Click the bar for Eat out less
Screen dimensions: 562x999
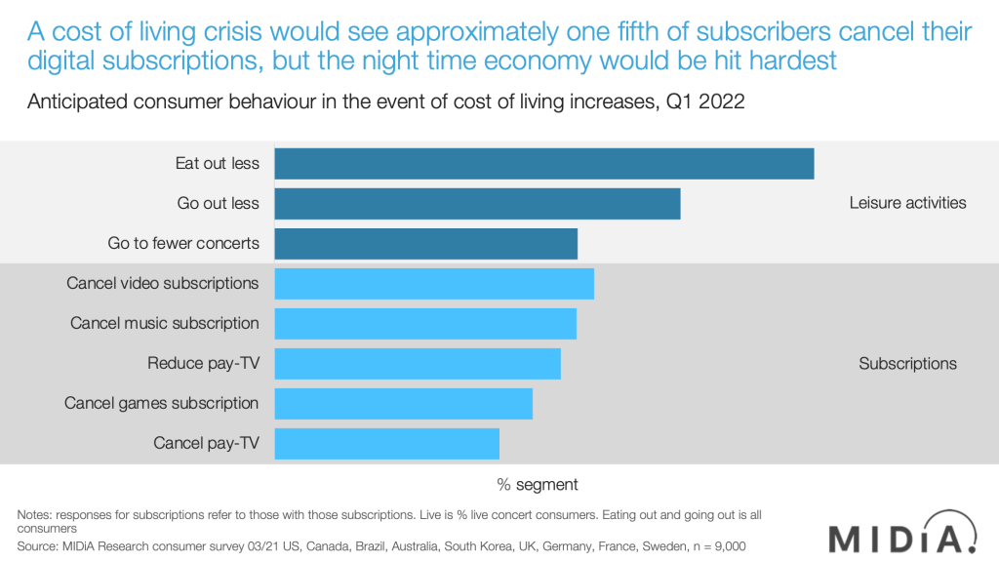[543, 164]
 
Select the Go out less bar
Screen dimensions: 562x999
[477, 204]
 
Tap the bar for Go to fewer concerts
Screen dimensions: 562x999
[425, 244]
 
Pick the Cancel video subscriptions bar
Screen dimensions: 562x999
[434, 284]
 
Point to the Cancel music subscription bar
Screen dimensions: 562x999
[425, 324]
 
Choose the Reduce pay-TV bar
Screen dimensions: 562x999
[418, 364]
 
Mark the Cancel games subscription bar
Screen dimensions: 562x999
[403, 404]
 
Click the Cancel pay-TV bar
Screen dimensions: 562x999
[386, 444]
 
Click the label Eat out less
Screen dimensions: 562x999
[218, 163]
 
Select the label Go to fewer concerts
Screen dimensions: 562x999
[183, 243]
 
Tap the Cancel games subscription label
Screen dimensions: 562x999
[162, 403]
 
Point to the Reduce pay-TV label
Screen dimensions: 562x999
[204, 363]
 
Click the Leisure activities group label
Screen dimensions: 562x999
[907, 203]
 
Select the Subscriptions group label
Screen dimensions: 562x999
[907, 363]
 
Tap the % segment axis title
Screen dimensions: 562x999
[538, 484]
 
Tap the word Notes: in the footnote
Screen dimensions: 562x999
[37, 514]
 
